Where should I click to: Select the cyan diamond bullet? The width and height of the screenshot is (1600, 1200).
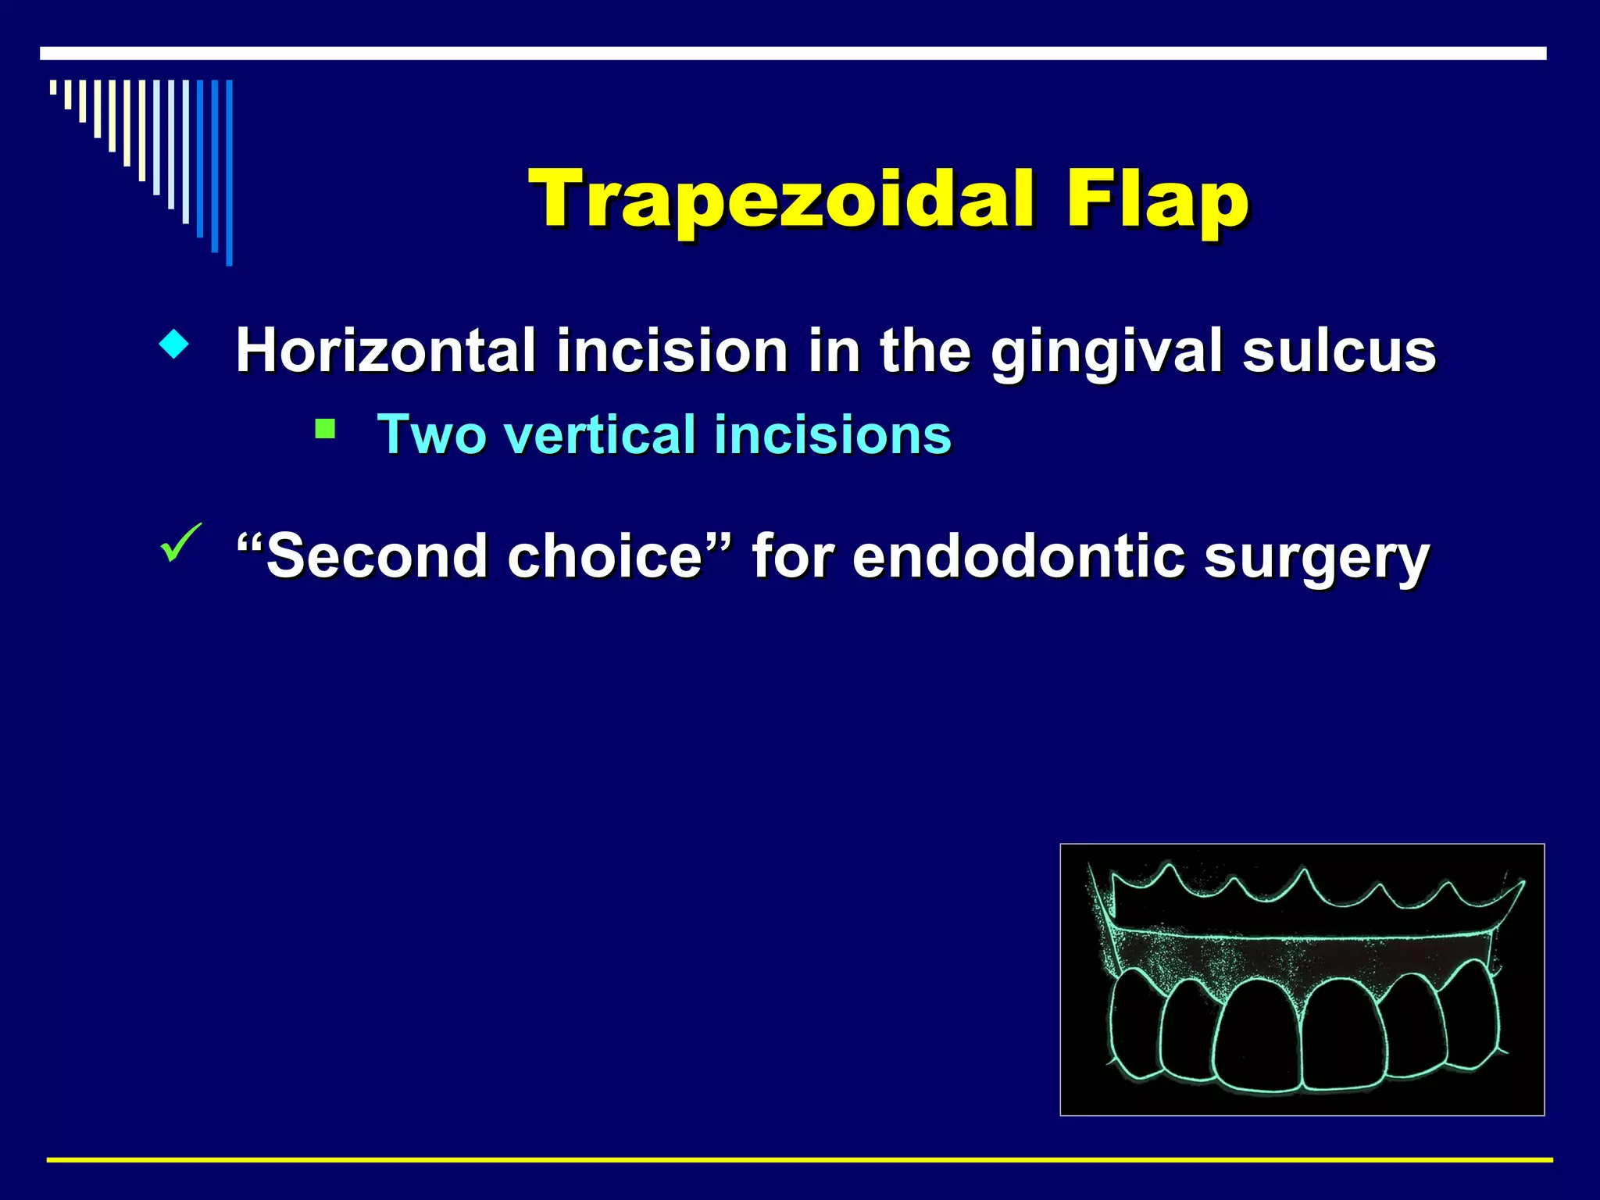[x=173, y=345]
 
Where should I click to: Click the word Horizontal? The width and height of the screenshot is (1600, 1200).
[x=386, y=351]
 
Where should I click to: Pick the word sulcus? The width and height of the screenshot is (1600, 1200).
[x=1339, y=351]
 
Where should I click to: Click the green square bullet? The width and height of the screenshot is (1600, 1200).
[x=325, y=429]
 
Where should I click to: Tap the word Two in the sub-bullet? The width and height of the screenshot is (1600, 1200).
[x=431, y=434]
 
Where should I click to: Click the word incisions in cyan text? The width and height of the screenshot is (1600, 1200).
[x=833, y=434]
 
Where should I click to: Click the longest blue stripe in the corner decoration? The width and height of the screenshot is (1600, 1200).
[x=230, y=173]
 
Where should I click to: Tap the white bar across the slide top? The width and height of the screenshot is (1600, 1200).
[x=793, y=53]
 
